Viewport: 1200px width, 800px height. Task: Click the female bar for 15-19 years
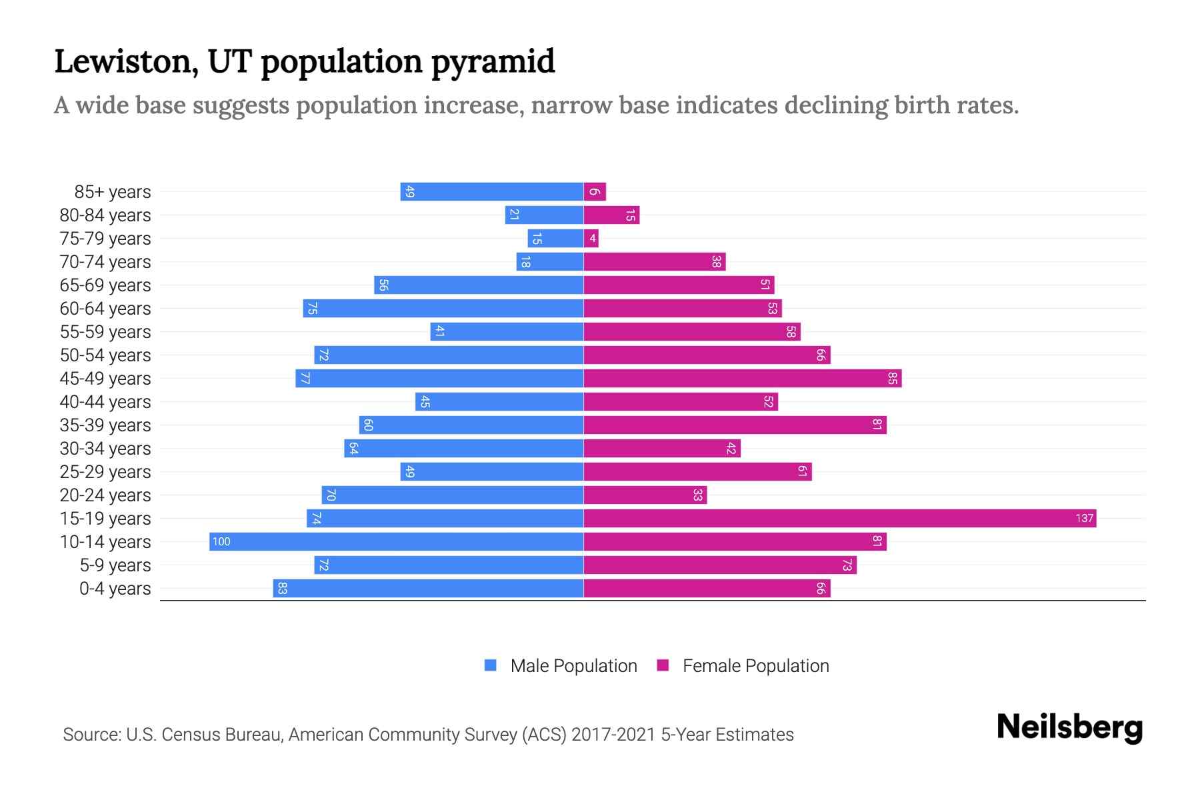click(840, 518)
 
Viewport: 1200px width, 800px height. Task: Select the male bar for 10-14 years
click(397, 541)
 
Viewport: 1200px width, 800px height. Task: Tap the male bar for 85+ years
click(492, 191)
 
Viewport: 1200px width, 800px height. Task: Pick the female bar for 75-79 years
click(591, 238)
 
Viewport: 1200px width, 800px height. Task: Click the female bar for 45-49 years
click(742, 378)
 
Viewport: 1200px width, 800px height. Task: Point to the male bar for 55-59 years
click(507, 331)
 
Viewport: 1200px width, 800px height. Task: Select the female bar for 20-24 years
click(645, 495)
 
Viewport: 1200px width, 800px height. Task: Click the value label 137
click(1084, 518)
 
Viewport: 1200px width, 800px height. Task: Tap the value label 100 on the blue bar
click(221, 541)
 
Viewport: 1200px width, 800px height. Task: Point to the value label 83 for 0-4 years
click(282, 588)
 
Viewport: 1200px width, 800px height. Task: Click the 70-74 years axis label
click(105, 262)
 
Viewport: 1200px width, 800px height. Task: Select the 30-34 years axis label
click(105, 449)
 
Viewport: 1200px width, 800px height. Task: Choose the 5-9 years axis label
click(115, 565)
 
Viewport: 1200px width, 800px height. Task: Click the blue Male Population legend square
click(491, 665)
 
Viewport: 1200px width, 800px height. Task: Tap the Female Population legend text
click(755, 665)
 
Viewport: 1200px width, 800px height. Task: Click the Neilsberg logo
click(1069, 727)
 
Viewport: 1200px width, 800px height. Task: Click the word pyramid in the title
click(493, 62)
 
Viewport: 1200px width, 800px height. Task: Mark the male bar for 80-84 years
click(544, 215)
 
